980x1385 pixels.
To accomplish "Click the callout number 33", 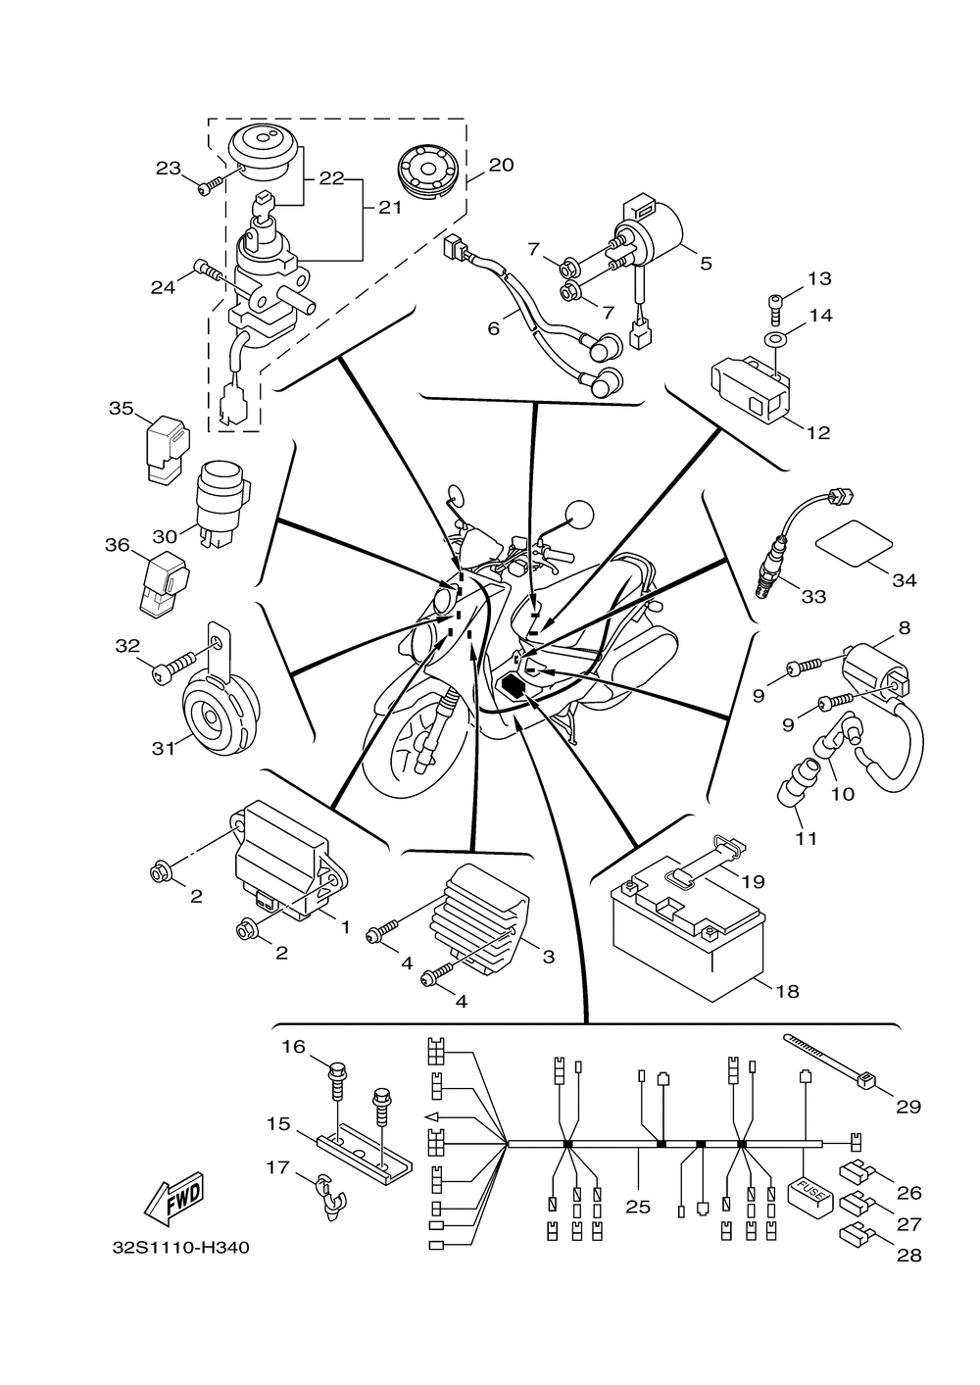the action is (x=813, y=597).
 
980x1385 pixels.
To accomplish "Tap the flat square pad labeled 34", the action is (x=856, y=543).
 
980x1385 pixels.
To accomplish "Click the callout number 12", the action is (x=817, y=433).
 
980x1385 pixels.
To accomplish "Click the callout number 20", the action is (x=502, y=165).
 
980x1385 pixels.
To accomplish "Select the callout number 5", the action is (x=707, y=264).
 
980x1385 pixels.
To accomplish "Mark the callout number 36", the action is (x=118, y=545).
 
